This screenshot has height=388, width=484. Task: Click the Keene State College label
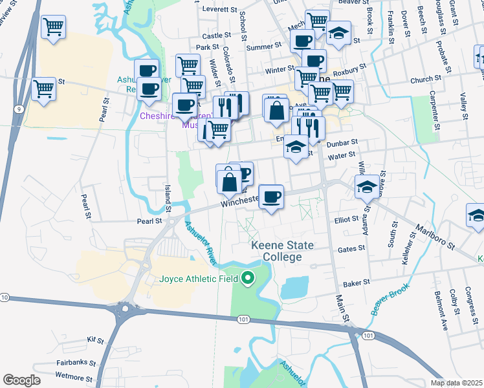click(283, 251)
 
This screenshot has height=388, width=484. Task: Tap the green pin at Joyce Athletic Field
click(247, 279)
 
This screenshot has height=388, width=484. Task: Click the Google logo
click(21, 380)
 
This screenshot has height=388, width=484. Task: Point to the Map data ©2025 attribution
click(456, 383)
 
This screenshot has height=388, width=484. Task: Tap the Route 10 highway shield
click(5, 297)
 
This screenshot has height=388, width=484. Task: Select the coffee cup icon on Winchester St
click(272, 196)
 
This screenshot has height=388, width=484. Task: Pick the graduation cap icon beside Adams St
click(367, 188)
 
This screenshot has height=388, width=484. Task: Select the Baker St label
click(357, 282)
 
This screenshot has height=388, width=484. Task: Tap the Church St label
click(425, 80)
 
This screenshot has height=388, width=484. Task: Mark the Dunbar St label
click(342, 145)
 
